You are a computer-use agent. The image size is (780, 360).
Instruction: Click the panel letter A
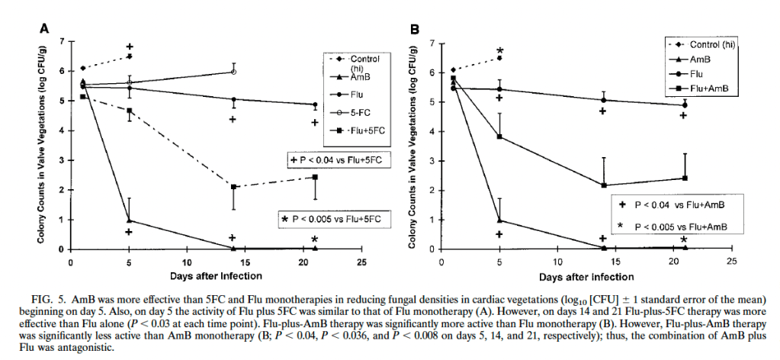[x=45, y=29]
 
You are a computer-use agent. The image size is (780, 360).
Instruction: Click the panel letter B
[x=416, y=29]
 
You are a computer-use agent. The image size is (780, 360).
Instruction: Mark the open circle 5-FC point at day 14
[x=234, y=72]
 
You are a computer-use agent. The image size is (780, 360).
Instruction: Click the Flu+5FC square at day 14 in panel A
[x=233, y=188]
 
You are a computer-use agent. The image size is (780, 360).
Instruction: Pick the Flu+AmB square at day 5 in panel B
[x=499, y=137]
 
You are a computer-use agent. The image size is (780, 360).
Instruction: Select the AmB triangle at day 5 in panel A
[x=130, y=220]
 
